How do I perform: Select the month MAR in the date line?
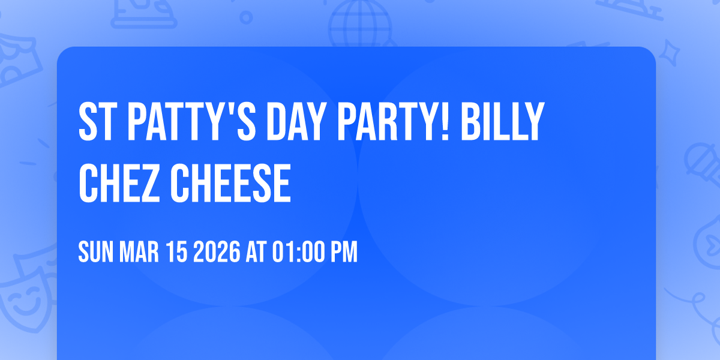[139, 253]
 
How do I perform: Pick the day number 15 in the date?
[178, 253]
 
